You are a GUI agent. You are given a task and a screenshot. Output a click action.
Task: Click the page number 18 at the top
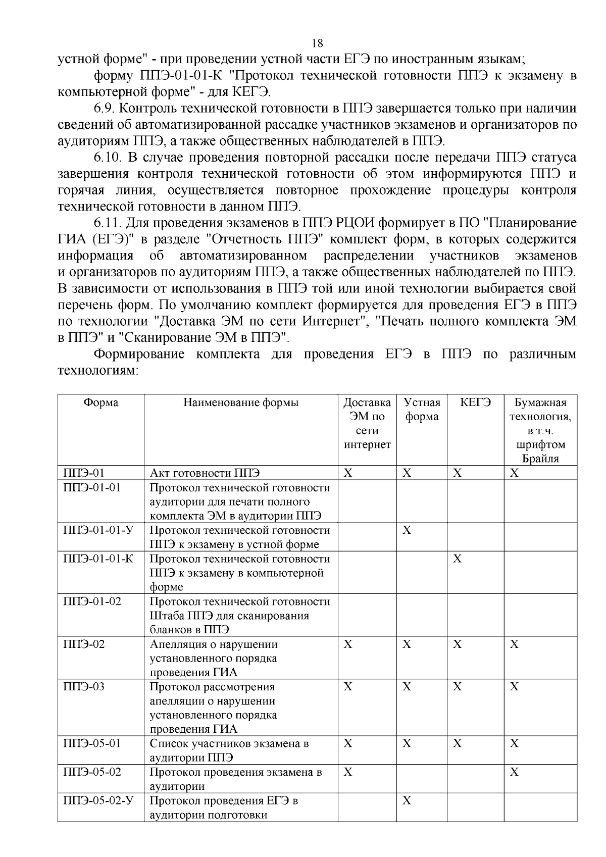pos(318,42)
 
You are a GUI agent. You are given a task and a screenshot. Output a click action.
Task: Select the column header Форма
pos(101,402)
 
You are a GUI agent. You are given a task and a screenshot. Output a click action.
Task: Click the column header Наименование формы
pos(241,402)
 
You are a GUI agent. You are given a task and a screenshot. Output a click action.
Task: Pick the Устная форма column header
pos(422,410)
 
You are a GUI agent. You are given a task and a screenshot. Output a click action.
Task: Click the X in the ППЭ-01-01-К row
pos(457,559)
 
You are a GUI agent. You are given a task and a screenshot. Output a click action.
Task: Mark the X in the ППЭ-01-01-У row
pos(407,530)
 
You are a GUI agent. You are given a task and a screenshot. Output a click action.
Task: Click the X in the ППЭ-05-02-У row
pos(407,800)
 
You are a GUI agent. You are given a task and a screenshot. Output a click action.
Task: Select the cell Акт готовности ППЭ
pos(205,473)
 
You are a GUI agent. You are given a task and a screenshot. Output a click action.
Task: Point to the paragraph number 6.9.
pos(106,109)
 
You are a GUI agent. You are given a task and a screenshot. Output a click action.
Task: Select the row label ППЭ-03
pos(84,687)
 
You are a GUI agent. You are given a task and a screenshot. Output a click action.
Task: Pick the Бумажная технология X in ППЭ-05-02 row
pos(514,772)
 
